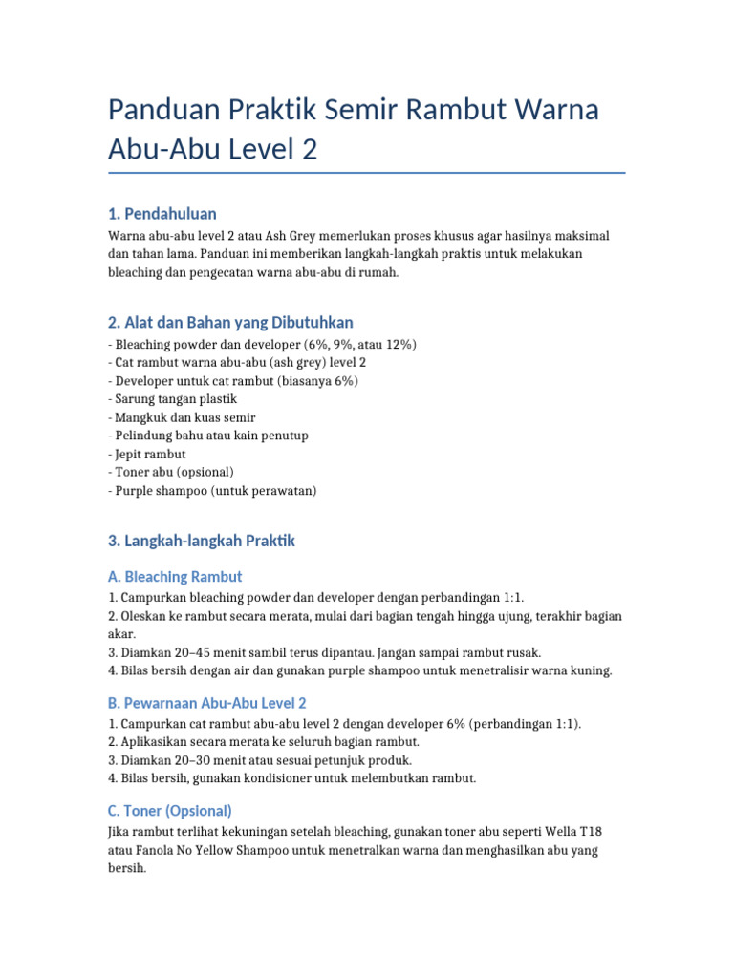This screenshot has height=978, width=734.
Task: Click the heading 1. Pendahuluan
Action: click(162, 213)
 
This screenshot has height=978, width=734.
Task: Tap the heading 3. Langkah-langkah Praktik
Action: click(203, 541)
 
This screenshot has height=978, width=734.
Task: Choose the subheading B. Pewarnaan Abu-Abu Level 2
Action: click(207, 703)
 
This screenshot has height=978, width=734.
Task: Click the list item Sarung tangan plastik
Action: click(172, 399)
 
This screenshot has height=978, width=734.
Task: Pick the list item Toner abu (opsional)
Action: click(171, 472)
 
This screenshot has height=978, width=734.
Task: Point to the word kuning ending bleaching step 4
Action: click(590, 670)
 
